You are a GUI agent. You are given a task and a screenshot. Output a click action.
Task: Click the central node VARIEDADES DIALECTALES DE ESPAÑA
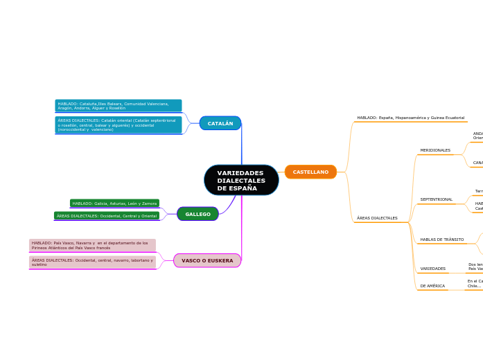241,180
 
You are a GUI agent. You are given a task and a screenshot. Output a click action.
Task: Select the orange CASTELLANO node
310,172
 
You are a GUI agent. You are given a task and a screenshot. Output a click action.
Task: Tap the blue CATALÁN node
220,123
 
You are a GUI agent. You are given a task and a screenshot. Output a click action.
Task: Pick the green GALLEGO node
197,214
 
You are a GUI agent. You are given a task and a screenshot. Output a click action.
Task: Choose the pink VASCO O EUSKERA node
207,260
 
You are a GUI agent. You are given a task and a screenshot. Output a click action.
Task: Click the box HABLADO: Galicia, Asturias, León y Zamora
114,204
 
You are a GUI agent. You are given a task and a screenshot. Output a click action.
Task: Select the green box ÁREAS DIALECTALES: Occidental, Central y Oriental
107,216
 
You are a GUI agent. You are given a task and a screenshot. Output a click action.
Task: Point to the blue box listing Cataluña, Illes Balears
118,106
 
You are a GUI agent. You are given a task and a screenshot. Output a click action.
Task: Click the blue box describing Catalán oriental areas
118,125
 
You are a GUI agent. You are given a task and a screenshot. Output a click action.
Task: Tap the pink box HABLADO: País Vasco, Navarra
92,245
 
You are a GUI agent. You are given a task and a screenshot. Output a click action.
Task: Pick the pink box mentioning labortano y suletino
92,262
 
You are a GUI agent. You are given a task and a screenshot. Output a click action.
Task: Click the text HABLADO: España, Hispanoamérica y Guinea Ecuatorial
411,118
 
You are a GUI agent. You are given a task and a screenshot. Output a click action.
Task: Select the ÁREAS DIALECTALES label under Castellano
377,218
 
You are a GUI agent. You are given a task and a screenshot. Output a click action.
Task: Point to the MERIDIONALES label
435,150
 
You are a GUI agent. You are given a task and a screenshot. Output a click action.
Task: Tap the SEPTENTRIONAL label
436,199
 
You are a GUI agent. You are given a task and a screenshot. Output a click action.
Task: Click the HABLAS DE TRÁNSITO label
442,240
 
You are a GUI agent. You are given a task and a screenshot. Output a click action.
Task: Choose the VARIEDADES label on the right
433,269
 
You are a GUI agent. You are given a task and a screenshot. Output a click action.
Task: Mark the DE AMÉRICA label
432,286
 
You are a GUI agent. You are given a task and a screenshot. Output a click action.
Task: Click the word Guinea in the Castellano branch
437,118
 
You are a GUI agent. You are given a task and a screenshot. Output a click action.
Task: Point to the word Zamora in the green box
149,204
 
